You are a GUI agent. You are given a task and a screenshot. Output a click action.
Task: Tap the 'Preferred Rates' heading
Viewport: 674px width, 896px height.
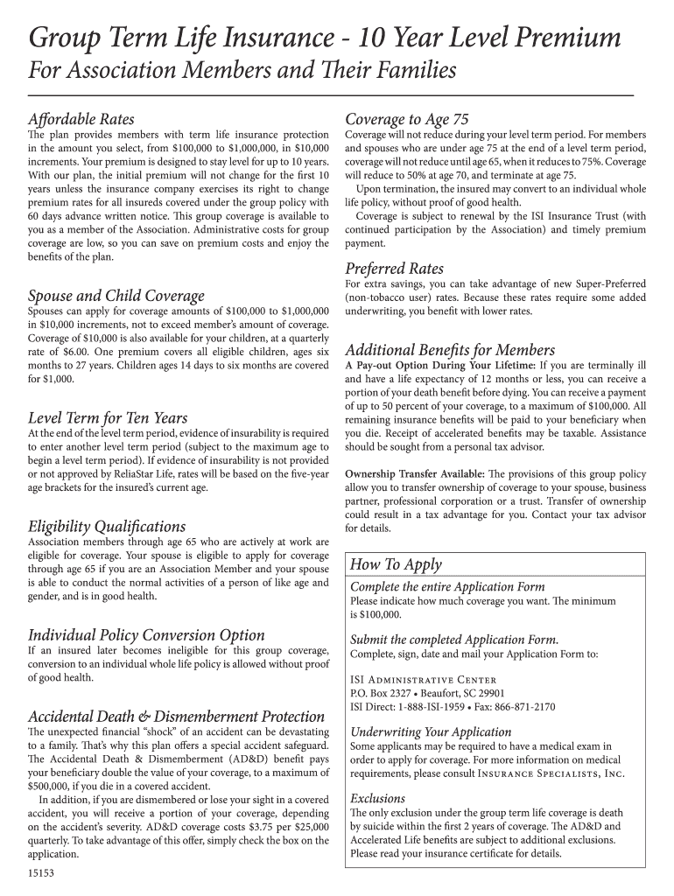click(x=394, y=268)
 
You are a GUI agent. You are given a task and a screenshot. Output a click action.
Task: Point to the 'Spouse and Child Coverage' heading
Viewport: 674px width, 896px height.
click(x=116, y=296)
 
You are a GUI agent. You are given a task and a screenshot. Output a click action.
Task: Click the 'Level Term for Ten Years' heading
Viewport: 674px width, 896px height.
click(x=108, y=417)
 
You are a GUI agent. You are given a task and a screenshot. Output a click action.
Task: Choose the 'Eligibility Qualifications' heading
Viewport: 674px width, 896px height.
click(x=107, y=526)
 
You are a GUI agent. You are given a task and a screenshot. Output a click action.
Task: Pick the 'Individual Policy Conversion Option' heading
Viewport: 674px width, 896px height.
click(x=146, y=634)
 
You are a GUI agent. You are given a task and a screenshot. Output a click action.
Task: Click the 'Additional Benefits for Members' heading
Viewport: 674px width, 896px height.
click(x=450, y=349)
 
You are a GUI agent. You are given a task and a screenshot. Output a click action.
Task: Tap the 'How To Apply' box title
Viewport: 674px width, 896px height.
click(x=396, y=564)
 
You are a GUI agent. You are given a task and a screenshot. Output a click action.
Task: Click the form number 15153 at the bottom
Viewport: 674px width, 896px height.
click(x=41, y=872)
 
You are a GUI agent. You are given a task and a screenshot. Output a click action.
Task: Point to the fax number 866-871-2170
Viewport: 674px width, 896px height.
click(x=523, y=707)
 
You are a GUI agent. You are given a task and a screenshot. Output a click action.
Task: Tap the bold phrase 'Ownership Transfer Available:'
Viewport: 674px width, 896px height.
click(x=415, y=473)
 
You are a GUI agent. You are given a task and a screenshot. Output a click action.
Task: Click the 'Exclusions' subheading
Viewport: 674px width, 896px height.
click(x=377, y=798)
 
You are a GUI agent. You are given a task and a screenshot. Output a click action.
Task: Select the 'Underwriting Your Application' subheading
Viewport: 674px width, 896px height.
click(x=431, y=731)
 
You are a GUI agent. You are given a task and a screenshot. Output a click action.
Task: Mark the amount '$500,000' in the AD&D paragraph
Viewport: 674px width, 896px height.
click(x=50, y=787)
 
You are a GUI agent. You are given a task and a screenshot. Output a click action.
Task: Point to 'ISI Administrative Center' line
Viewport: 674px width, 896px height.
click(x=423, y=680)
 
